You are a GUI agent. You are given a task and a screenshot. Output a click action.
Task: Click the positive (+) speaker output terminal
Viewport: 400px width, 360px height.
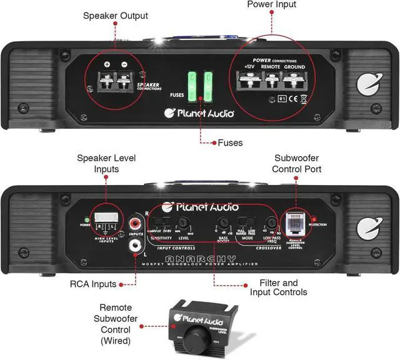click(x=107, y=79)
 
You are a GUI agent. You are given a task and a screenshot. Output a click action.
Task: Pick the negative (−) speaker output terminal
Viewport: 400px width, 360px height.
click(x=124, y=79)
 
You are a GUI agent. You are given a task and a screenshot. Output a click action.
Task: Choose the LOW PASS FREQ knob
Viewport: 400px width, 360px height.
click(x=271, y=222)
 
